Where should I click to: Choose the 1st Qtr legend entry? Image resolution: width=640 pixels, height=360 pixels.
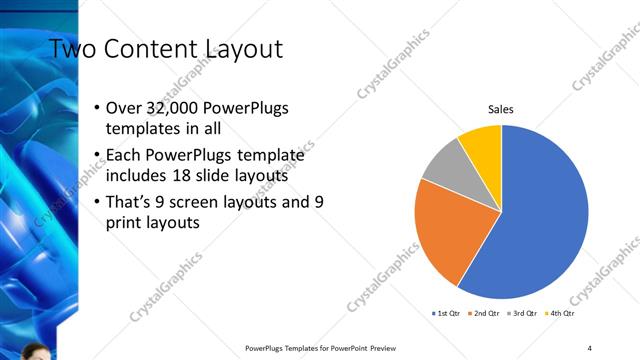445,313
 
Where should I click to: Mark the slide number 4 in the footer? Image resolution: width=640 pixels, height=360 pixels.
589,347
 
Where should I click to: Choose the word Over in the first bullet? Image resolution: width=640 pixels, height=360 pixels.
125,108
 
